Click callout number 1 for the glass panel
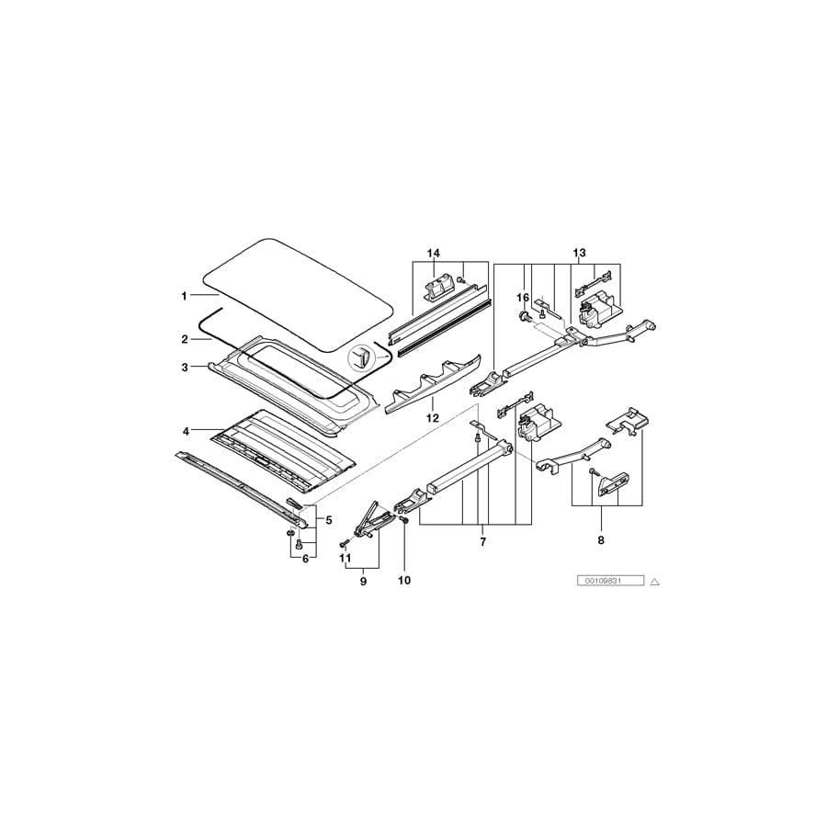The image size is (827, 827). pyautogui.click(x=184, y=297)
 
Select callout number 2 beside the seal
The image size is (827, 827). pyautogui.click(x=185, y=339)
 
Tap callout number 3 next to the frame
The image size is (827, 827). pyautogui.click(x=185, y=367)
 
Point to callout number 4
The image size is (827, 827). pyautogui.click(x=186, y=432)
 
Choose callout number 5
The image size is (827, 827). pyautogui.click(x=329, y=520)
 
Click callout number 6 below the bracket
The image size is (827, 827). pyautogui.click(x=305, y=559)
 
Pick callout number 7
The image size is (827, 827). pyautogui.click(x=482, y=541)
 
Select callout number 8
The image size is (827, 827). pyautogui.click(x=601, y=540)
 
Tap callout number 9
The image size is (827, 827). pyautogui.click(x=363, y=582)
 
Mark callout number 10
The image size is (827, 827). pyautogui.click(x=404, y=580)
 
